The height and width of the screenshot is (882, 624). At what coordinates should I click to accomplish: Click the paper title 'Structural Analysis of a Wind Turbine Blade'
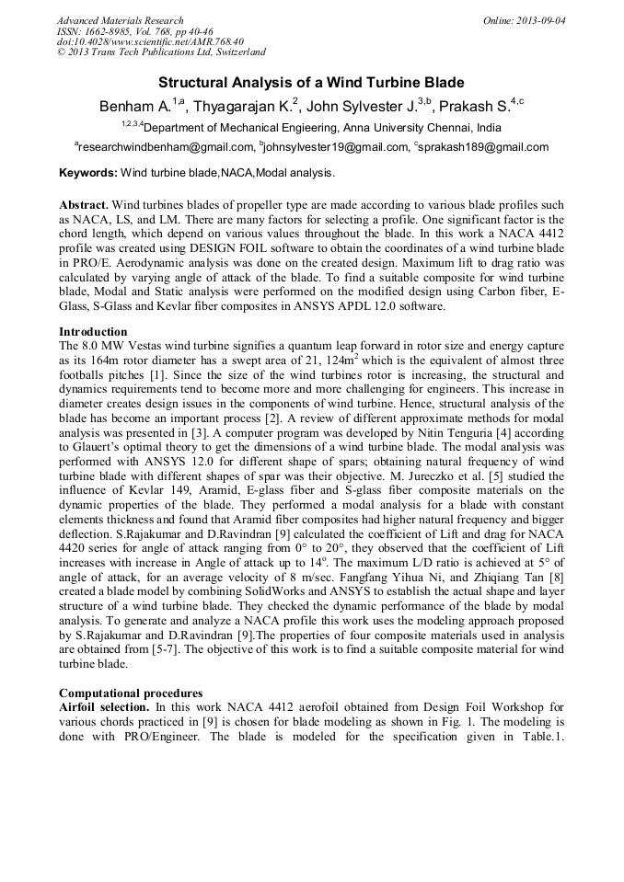[x=311, y=83]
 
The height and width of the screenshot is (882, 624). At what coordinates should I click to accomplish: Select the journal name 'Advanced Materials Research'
[x=121, y=19]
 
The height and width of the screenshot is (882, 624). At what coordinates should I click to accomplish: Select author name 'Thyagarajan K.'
[x=244, y=107]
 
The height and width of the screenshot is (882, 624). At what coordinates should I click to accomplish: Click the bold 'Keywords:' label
[x=88, y=172]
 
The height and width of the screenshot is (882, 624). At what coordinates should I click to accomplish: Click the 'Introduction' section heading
[x=93, y=331]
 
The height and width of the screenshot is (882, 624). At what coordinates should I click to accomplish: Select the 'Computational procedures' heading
[x=132, y=693]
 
